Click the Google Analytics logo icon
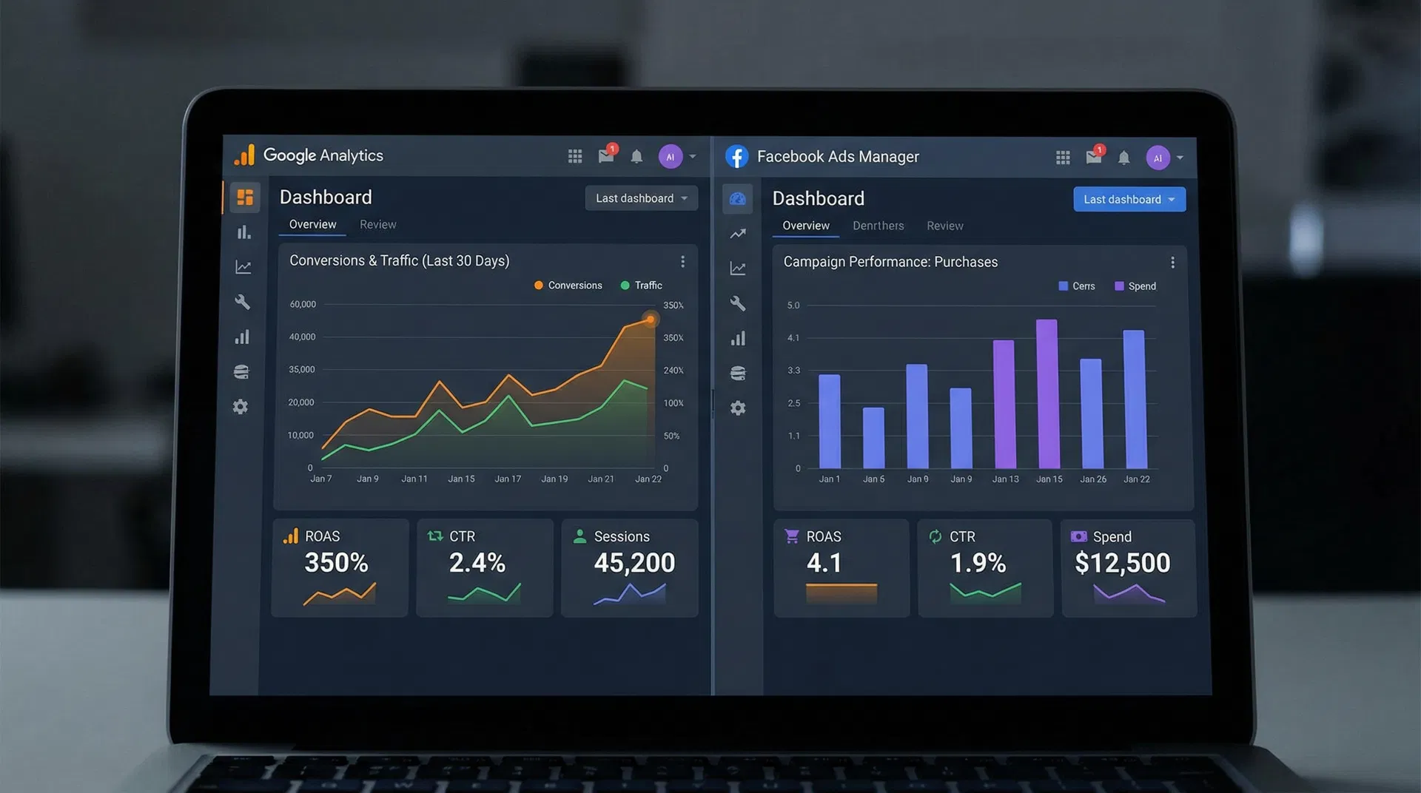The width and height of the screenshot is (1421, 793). tap(244, 155)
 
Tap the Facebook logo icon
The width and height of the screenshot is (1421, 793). tap(736, 157)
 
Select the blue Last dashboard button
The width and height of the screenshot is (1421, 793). tap(1129, 200)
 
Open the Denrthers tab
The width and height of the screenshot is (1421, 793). tap(878, 226)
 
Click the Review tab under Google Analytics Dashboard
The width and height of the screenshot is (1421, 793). tap(377, 224)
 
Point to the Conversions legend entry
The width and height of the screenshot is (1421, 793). tap(568, 286)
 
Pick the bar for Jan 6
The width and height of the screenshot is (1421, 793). tap(873, 438)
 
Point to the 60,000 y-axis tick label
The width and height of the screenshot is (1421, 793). tap(303, 305)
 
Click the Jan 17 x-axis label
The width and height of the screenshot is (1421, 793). tap(508, 479)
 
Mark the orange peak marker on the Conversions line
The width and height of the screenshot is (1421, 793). tap(650, 320)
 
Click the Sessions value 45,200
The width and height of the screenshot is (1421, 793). tap(634, 563)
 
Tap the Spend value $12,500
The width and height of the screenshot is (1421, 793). tap(1122, 564)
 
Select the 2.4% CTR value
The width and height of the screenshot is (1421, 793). tap(477, 563)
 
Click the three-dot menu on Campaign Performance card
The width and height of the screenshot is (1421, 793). tap(1172, 263)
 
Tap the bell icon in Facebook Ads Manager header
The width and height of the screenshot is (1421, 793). tap(1123, 158)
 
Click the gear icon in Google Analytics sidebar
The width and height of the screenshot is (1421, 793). tap(241, 407)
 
